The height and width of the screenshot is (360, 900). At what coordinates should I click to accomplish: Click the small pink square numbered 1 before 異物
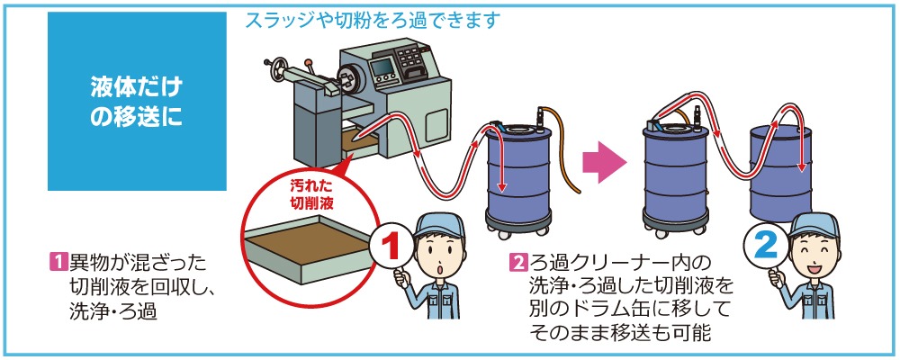(58, 263)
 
